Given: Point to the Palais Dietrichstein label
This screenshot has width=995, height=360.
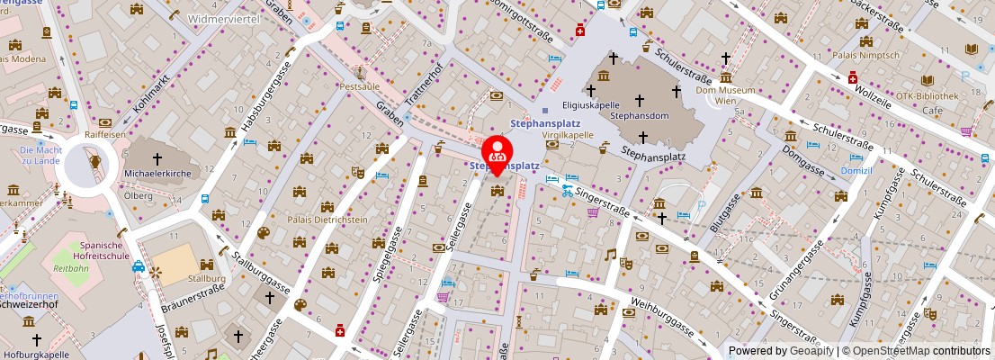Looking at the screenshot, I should pos(328,219).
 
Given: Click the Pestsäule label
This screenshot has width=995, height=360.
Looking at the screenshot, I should pos(360,87).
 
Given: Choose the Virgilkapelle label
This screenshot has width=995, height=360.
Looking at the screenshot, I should pos(568,134).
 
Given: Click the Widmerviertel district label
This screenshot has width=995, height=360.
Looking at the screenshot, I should pos(224,18).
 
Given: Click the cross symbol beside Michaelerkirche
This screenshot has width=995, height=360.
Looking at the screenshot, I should pos(158,157).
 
